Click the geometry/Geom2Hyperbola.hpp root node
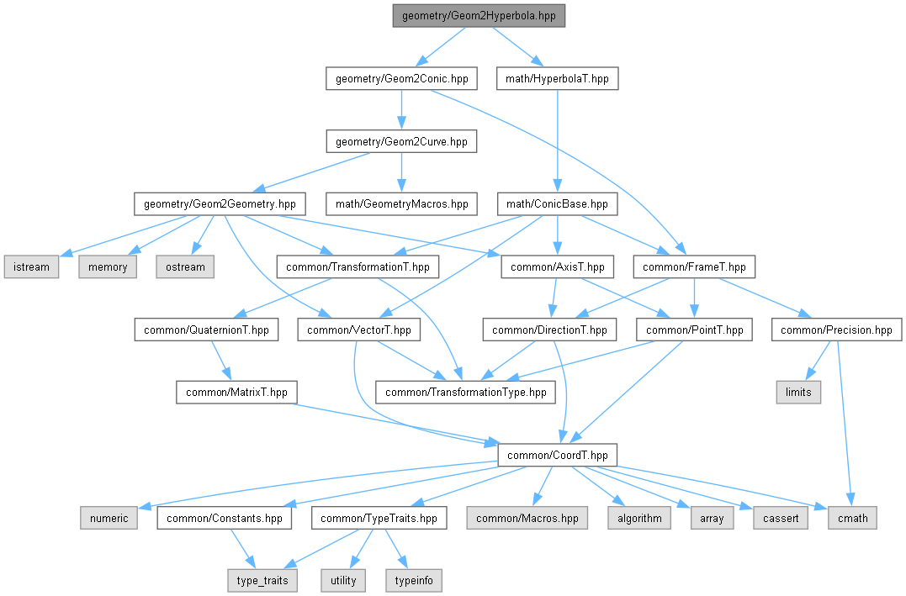click(x=479, y=16)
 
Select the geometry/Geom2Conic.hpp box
click(x=401, y=79)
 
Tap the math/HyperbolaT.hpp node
click(x=559, y=79)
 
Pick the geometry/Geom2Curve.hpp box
click(x=401, y=141)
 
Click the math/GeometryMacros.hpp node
click(x=401, y=203)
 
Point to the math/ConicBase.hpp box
click(x=559, y=203)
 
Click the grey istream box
click(x=31, y=266)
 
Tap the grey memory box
click(x=109, y=266)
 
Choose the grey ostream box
click(x=184, y=266)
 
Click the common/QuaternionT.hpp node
click(x=206, y=330)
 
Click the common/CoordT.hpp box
click(x=558, y=455)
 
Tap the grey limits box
click(x=797, y=392)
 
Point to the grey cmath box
click(x=852, y=518)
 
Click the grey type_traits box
click(x=262, y=580)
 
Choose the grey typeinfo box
click(x=413, y=580)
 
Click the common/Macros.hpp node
click(x=527, y=518)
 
